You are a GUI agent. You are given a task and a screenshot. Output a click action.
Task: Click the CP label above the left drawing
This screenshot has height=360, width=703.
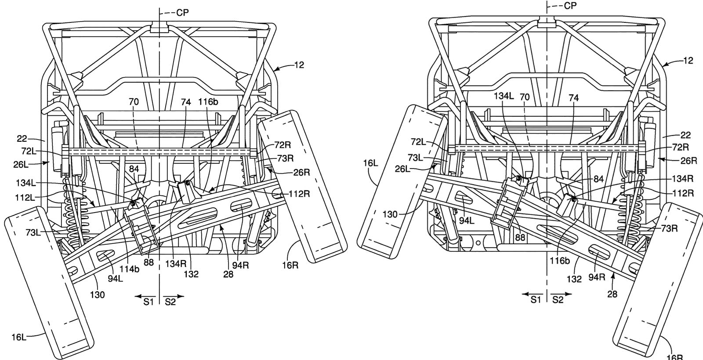click(182, 13)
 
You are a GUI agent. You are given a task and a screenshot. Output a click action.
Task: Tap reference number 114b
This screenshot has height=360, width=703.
click(129, 269)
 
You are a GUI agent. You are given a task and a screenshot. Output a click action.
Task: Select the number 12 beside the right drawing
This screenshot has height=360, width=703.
click(688, 60)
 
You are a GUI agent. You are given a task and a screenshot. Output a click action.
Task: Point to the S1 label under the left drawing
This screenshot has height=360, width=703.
click(149, 302)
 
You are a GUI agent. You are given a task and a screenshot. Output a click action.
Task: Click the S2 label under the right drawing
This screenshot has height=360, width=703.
click(558, 300)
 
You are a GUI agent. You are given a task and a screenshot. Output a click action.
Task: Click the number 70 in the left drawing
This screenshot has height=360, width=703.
click(134, 102)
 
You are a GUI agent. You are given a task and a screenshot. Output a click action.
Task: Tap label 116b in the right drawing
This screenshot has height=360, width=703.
click(560, 261)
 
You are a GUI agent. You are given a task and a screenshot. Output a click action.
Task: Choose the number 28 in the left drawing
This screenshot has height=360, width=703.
click(228, 274)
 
